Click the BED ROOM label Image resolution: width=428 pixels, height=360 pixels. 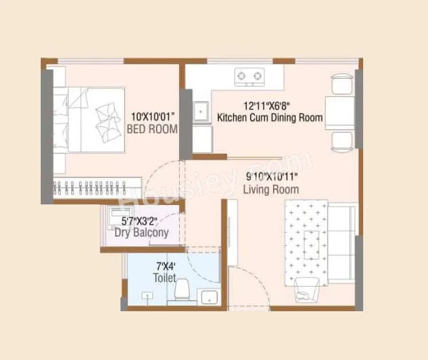[151, 130]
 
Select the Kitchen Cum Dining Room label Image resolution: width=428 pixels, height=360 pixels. [270, 118]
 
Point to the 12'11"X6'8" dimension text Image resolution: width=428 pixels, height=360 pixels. [269, 106]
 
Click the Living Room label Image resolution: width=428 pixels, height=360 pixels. [271, 189]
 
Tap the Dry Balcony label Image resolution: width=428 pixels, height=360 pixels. [141, 233]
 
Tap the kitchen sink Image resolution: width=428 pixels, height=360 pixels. [201, 111]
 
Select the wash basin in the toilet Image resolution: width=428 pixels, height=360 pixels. [207, 297]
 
